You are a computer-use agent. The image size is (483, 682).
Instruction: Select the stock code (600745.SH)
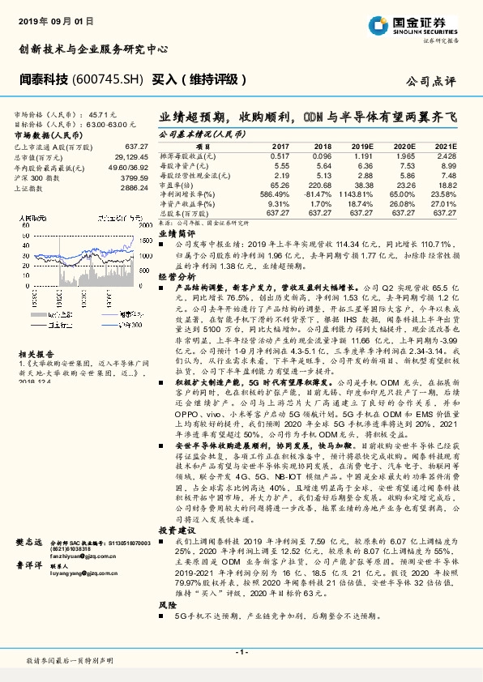[x=109, y=79]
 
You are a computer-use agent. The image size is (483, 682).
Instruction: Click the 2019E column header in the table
[x=361, y=146]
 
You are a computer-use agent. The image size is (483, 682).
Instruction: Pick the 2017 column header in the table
[x=280, y=146]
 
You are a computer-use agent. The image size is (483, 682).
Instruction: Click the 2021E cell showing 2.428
[x=446, y=155]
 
